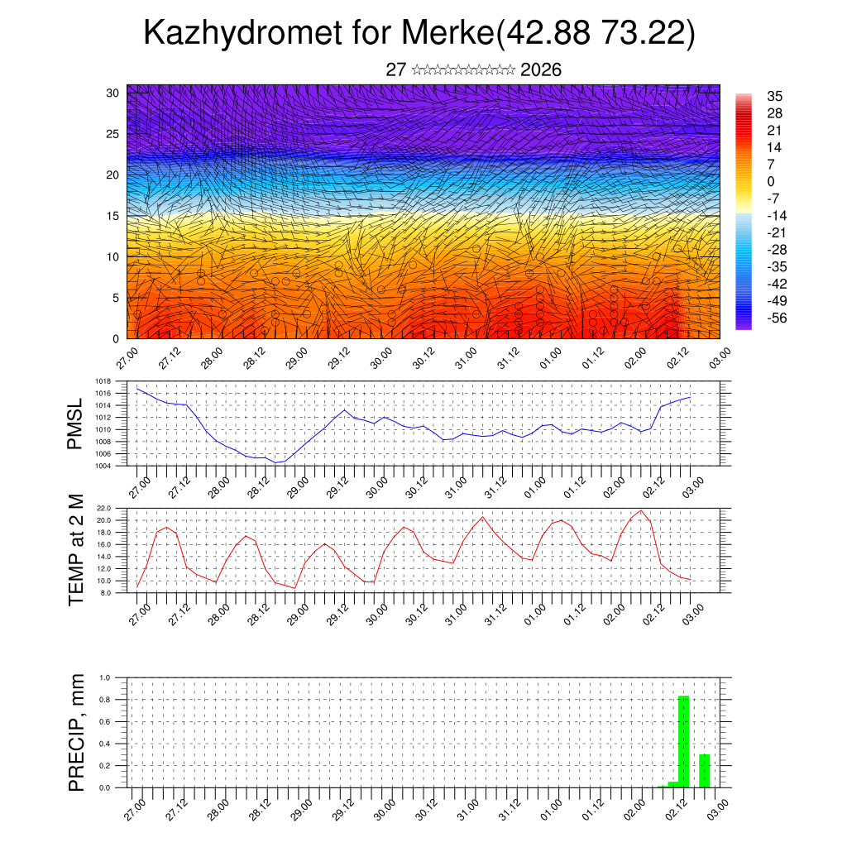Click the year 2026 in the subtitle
[541, 70]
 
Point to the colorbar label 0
[770, 181]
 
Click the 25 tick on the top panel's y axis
[113, 133]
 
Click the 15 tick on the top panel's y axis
[113, 216]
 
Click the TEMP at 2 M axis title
[76, 550]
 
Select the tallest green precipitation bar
[684, 741]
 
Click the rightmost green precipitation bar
[704, 770]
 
